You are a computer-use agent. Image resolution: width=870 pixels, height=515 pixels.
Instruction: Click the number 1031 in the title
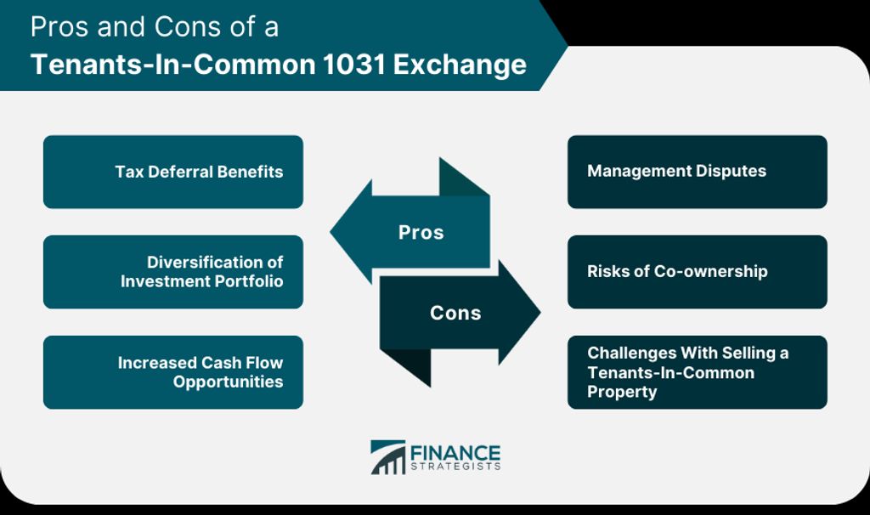pyautogui.click(x=353, y=65)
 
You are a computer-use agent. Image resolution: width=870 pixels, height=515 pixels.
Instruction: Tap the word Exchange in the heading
pyautogui.click(x=460, y=65)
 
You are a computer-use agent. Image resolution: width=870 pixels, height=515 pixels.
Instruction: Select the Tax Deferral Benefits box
pyautogui.click(x=173, y=172)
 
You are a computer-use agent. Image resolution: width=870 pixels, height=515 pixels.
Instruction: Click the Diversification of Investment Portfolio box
pyautogui.click(x=173, y=272)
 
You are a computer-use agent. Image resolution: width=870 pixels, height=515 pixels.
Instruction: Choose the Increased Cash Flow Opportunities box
pyautogui.click(x=173, y=372)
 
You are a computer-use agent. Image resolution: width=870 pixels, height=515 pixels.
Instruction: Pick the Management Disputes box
pyautogui.click(x=697, y=172)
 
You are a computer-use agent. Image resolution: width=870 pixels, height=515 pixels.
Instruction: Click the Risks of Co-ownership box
pyautogui.click(x=697, y=272)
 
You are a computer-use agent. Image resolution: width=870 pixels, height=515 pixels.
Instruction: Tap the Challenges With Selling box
pyautogui.click(x=697, y=372)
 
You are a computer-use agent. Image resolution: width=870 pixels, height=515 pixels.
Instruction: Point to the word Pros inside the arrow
pyautogui.click(x=421, y=233)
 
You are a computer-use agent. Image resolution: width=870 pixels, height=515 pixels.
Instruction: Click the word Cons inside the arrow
pyautogui.click(x=455, y=313)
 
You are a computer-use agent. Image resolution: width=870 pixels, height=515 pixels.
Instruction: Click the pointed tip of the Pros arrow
pyautogui.click(x=330, y=231)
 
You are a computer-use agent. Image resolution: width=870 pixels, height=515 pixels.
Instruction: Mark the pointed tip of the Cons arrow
pyautogui.click(x=540, y=313)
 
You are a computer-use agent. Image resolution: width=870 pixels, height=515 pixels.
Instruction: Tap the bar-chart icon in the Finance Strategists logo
pyautogui.click(x=387, y=457)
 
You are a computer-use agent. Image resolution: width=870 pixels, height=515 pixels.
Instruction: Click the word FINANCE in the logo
pyautogui.click(x=455, y=453)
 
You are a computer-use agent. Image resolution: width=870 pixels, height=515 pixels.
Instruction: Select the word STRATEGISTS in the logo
pyautogui.click(x=455, y=467)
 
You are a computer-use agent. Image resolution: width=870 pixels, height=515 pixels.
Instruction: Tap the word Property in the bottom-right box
pyautogui.click(x=622, y=392)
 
